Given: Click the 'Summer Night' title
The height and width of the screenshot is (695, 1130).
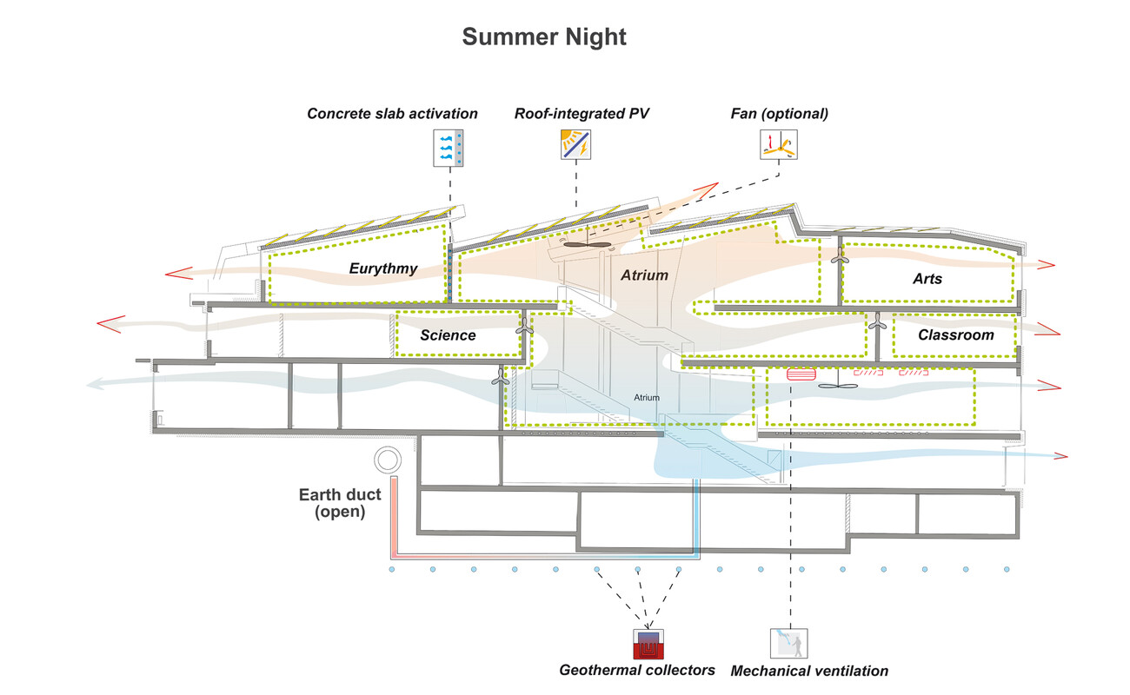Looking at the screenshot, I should click(x=544, y=37).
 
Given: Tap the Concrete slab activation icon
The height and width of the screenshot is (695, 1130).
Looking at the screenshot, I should click(x=449, y=148).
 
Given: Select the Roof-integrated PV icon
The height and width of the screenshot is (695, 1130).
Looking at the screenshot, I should click(x=575, y=143).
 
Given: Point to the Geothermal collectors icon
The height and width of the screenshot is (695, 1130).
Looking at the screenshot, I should click(x=648, y=644).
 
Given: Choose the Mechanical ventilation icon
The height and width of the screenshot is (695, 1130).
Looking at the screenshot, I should click(x=789, y=644).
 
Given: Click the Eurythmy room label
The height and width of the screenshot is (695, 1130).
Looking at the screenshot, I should click(x=383, y=268).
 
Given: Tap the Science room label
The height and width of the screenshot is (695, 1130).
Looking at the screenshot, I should click(x=448, y=335).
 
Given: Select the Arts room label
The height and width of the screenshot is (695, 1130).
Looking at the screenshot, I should click(x=927, y=279).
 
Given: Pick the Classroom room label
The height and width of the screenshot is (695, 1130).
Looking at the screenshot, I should click(x=955, y=334).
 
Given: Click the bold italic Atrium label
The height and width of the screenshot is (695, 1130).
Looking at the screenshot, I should click(x=644, y=275).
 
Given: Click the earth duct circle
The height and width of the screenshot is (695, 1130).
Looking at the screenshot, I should click(x=384, y=460).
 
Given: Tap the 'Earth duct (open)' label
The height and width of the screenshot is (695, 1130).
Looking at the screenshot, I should click(x=340, y=504).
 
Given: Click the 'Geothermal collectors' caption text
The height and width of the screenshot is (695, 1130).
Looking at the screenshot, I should click(x=637, y=671).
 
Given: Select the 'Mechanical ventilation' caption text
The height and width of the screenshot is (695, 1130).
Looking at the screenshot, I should click(x=809, y=671).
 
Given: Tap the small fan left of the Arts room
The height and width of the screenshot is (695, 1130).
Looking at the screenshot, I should click(x=839, y=257).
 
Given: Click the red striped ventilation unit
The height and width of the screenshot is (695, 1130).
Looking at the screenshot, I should click(x=800, y=374).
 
